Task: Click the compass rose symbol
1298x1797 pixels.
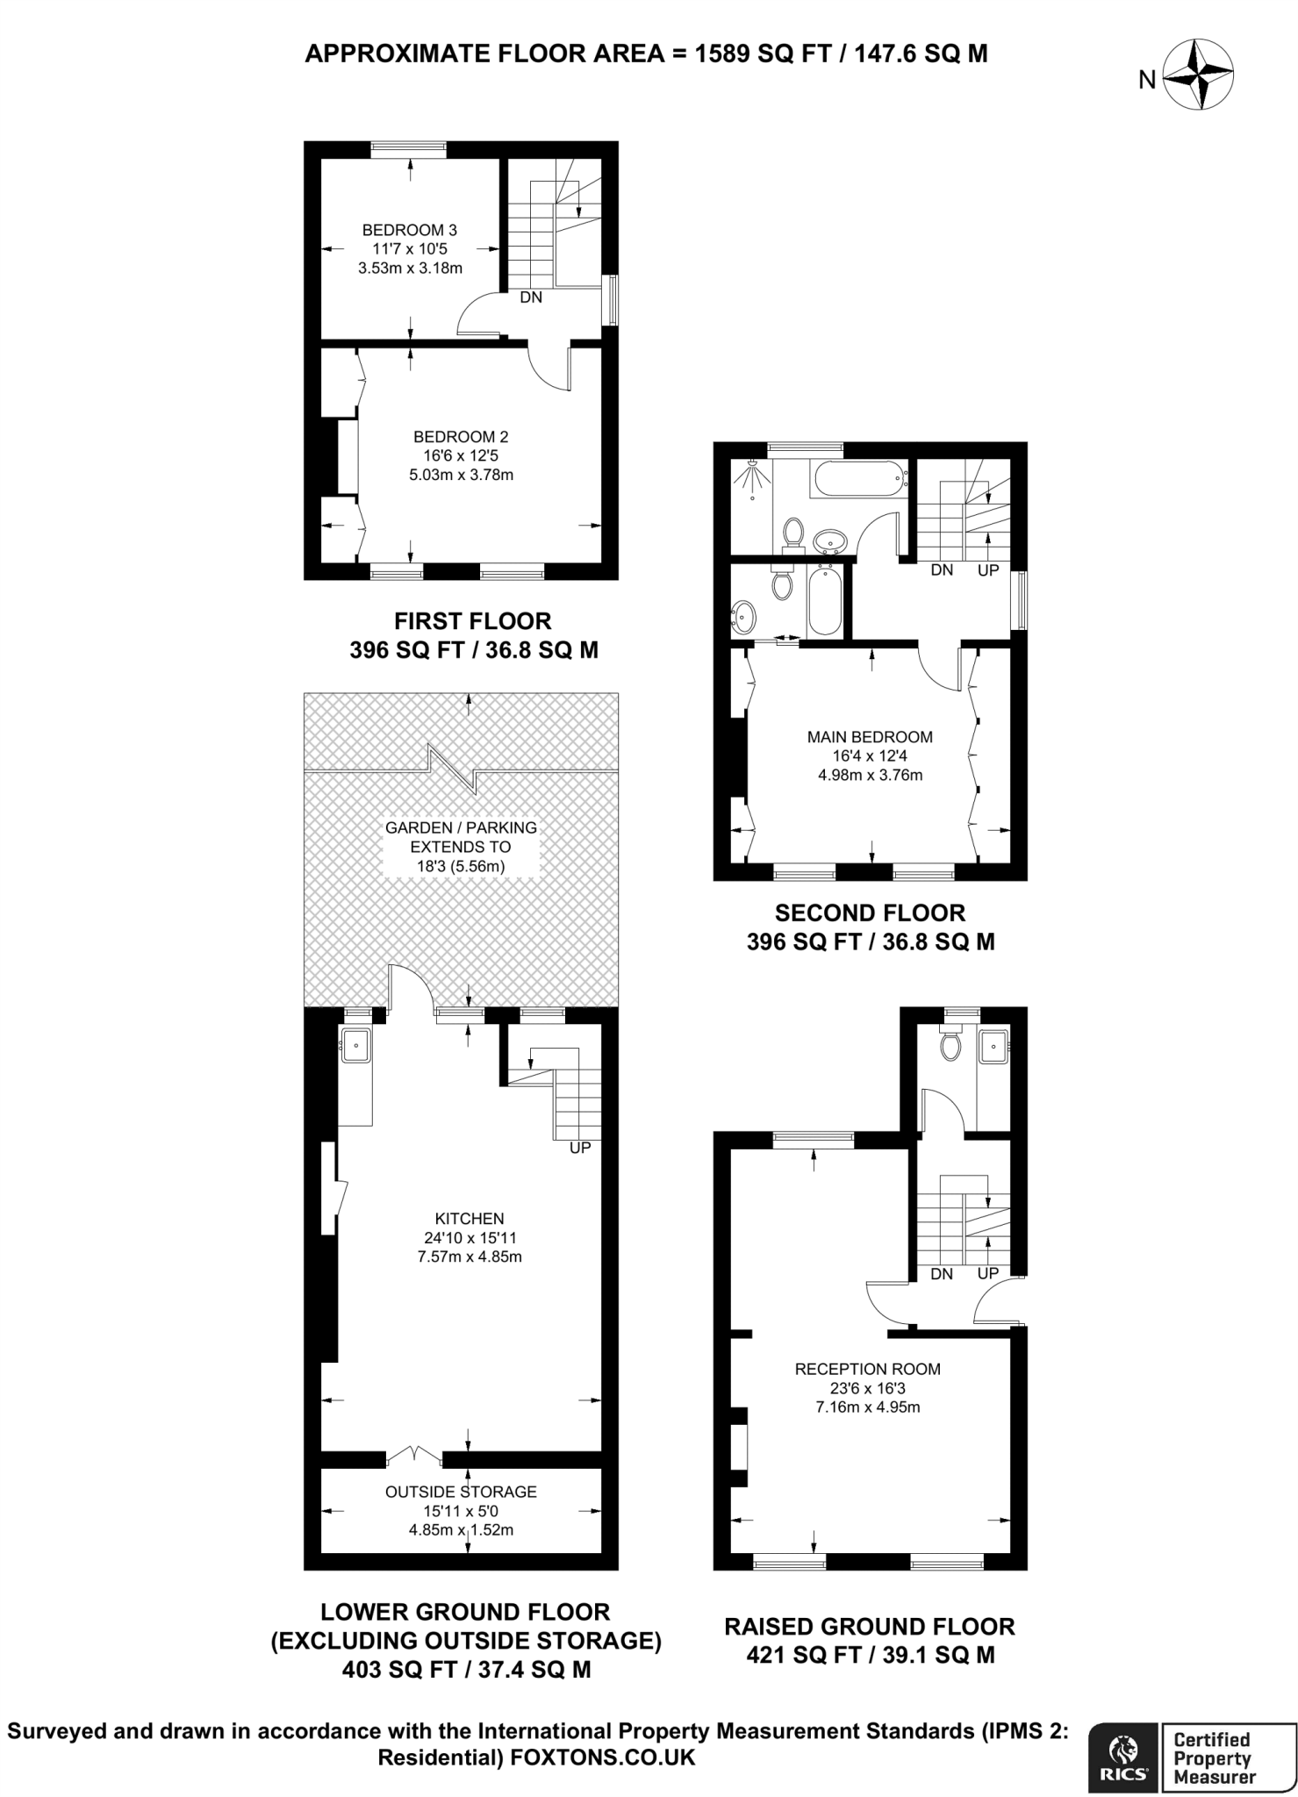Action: (1198, 77)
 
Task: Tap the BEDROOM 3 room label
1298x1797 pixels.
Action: (409, 230)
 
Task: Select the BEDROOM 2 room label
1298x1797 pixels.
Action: (461, 437)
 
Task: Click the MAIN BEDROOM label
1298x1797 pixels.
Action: (870, 737)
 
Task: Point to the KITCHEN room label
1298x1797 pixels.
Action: (470, 1219)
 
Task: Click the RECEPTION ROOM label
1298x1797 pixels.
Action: (867, 1369)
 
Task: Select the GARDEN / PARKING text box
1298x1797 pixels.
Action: (461, 847)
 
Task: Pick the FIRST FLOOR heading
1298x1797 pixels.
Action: (472, 621)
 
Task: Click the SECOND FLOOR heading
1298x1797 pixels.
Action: (870, 913)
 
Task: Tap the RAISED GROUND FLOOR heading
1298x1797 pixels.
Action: (869, 1627)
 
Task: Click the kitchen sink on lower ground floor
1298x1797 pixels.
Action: (355, 1045)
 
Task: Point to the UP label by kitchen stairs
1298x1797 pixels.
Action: (580, 1148)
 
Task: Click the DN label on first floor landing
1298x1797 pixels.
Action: (531, 297)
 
